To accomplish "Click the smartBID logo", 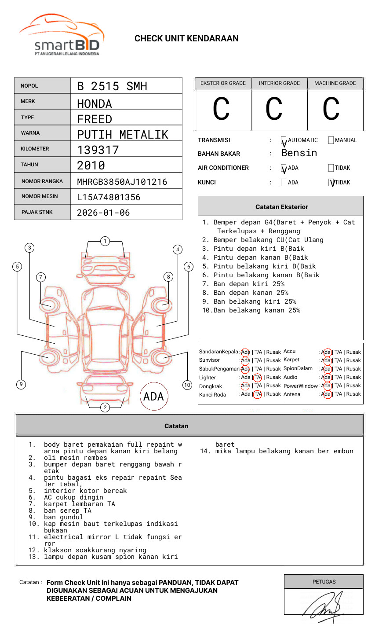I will point(62,35).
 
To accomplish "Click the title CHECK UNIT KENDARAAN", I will point(186,39).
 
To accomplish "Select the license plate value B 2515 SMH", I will point(112,86).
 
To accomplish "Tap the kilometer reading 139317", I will point(98,150).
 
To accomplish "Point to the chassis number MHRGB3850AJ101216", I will point(122,182).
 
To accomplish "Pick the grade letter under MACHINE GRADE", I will point(331,110).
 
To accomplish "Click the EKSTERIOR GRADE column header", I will point(223,83).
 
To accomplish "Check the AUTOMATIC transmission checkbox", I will point(284,140).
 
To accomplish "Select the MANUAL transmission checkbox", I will point(331,140).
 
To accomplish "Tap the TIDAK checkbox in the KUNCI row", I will point(331,182).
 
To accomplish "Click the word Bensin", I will point(299,153).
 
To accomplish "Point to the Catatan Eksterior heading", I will point(281,207).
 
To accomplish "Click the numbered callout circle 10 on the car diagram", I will point(187,385).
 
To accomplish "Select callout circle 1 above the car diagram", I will point(105,241).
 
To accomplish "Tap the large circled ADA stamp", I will point(153,397).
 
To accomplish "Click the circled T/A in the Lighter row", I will point(257,377).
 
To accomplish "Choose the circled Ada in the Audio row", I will point(326,377).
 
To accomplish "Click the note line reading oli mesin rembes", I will point(75,458).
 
